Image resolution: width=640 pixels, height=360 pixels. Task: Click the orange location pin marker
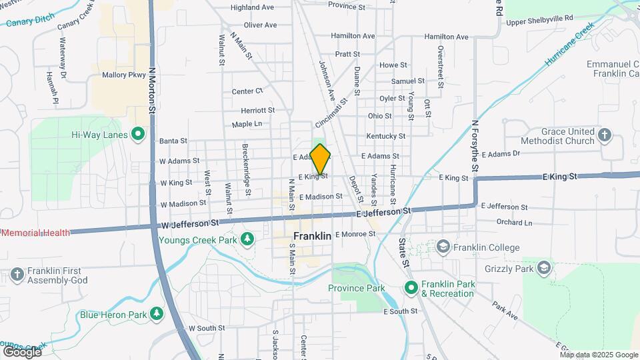[x=321, y=159]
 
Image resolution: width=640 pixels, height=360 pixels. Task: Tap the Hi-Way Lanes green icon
[x=138, y=134]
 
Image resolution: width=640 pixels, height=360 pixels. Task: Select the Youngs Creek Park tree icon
[x=247, y=238]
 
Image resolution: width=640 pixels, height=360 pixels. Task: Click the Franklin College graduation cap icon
[x=443, y=248]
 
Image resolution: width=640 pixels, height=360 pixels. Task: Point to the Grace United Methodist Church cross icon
[x=605, y=136]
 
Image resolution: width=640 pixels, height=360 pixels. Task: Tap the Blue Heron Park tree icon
[x=157, y=313]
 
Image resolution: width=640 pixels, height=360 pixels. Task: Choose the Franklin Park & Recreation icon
[x=411, y=287]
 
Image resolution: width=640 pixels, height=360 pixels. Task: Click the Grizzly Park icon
[x=545, y=269]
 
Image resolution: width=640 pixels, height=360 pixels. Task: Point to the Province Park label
[x=356, y=288]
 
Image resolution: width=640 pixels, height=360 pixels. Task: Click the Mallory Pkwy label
[x=123, y=75]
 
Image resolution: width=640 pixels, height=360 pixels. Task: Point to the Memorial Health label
[x=35, y=233]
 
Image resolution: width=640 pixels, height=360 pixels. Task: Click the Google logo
[x=23, y=351]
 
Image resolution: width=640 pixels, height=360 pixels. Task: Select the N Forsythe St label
[x=476, y=145]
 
